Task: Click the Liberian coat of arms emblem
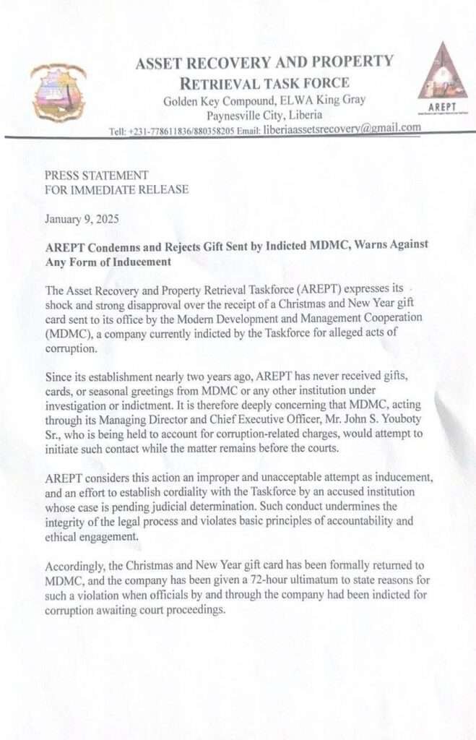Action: tap(59, 92)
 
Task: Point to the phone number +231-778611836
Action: tap(158, 132)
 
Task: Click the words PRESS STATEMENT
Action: tap(97, 176)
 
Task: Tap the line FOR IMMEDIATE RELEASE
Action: tap(116, 190)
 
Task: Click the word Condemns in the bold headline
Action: tap(111, 246)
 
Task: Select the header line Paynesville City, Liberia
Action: tap(264, 115)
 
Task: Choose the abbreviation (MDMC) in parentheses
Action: tap(69, 334)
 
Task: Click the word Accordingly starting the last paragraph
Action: tap(79, 566)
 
